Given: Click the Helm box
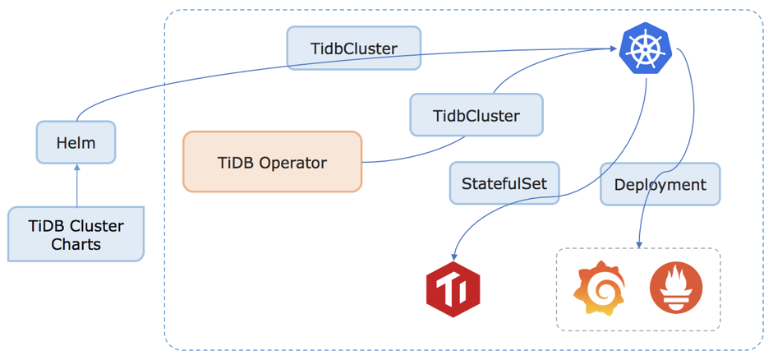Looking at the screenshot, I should (76, 143).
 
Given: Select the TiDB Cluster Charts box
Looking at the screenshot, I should (76, 234).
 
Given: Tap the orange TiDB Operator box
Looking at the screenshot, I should (272, 162).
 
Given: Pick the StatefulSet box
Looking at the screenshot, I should (504, 182).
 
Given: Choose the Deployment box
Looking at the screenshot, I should (660, 184).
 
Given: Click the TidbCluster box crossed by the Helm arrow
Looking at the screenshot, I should (353, 48).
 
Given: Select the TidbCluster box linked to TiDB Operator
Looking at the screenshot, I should (476, 115).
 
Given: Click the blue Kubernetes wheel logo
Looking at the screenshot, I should (646, 48).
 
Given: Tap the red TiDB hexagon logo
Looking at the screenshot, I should (453, 289).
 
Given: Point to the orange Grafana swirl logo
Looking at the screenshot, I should (599, 288).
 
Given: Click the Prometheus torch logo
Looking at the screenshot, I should (676, 288).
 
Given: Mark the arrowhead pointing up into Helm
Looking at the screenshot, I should (76, 168).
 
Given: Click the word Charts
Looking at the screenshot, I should (76, 244).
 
